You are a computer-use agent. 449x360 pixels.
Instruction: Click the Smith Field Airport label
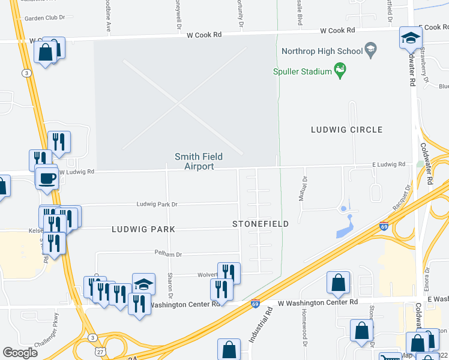[x=199, y=161]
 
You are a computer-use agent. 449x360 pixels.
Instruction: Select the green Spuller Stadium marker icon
[x=341, y=71]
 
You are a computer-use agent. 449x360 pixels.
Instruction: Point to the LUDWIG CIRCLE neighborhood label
[x=346, y=130]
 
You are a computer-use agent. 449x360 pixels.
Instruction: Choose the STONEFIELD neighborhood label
[x=261, y=224]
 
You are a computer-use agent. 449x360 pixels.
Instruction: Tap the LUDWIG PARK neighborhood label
[x=143, y=229]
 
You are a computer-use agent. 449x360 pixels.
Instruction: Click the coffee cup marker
[x=47, y=178]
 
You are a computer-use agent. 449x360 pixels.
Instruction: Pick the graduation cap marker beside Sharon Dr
[x=143, y=284]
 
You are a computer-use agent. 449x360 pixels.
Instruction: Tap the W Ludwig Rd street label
[x=79, y=172]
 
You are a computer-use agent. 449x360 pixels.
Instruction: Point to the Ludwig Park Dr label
[x=157, y=205]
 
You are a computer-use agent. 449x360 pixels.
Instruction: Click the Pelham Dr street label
[x=168, y=253]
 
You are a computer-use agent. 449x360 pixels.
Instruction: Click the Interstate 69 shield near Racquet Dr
[x=384, y=226]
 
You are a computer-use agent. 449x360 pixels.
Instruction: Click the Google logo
[x=20, y=352]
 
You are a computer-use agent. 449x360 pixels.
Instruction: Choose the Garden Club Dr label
[x=44, y=18]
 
